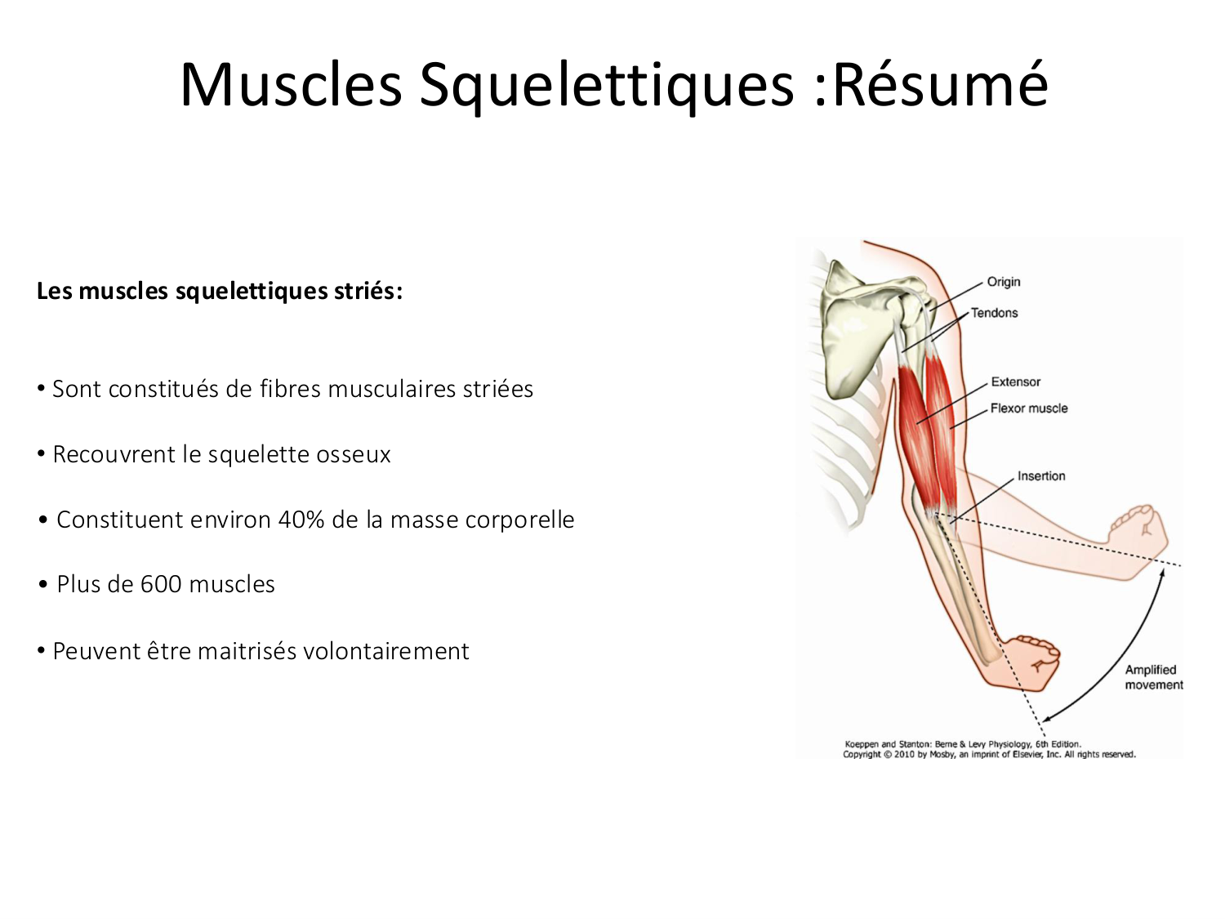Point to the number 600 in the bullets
[161, 584]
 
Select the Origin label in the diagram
[1004, 282]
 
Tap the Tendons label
[994, 313]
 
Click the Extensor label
[1015, 381]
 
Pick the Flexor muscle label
[1028, 408]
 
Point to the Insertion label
[1041, 476]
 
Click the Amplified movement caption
[1152, 677]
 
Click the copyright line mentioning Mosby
[989, 755]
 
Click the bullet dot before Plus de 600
[43, 585]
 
